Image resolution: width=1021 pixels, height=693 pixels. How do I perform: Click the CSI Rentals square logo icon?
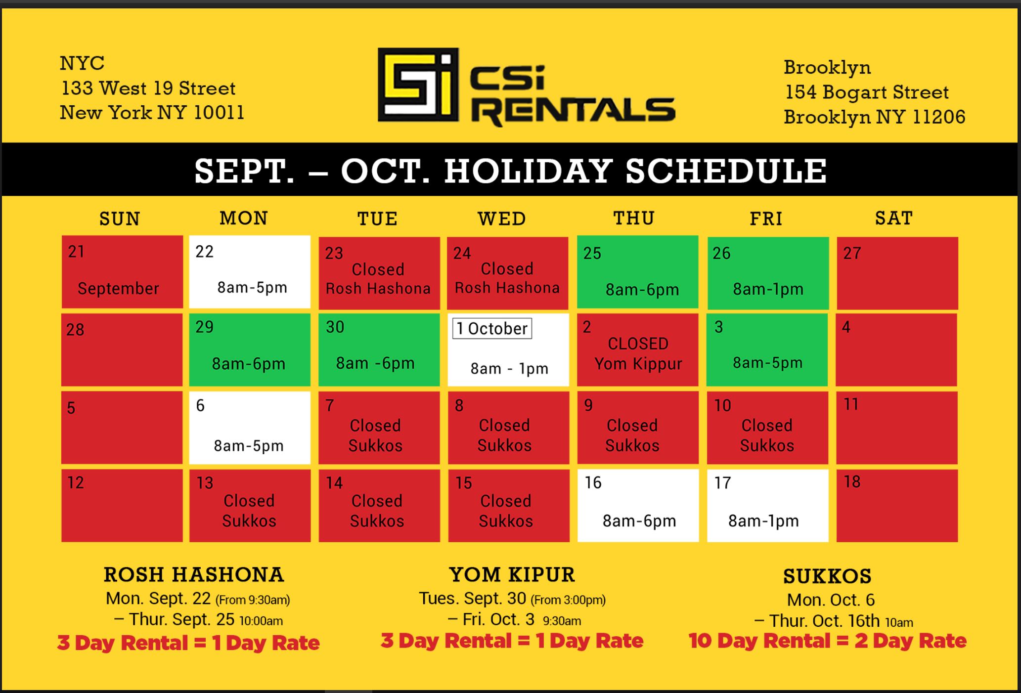click(x=418, y=85)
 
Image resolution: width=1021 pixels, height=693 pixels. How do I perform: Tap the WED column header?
click(x=502, y=218)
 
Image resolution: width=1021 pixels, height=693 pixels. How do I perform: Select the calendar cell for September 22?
click(x=250, y=272)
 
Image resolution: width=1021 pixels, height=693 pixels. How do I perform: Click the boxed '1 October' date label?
click(x=492, y=329)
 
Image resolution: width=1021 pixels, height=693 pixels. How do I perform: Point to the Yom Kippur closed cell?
click(x=638, y=349)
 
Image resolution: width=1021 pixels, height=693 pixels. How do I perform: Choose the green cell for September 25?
click(x=638, y=272)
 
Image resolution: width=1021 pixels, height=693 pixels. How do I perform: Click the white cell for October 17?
click(x=767, y=506)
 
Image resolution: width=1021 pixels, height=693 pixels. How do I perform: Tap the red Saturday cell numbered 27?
click(x=897, y=273)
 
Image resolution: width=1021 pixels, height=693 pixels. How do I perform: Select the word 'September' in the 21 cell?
click(x=118, y=288)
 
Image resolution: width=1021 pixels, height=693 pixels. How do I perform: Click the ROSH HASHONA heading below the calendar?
click(x=194, y=574)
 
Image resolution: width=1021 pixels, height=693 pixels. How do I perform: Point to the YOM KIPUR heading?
click(x=512, y=574)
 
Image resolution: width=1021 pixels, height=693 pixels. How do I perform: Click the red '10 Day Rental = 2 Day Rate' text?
click(x=827, y=641)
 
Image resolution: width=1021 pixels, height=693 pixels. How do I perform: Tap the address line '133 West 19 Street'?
click(x=148, y=88)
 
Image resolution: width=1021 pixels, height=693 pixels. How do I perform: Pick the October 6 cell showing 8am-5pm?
click(x=250, y=428)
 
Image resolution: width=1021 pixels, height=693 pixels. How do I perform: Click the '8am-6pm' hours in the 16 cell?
click(x=639, y=521)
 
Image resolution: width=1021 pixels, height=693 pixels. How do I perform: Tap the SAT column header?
click(x=894, y=218)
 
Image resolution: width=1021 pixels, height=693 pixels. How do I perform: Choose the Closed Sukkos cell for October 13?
click(x=250, y=506)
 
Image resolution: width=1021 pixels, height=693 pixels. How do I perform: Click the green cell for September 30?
click(x=379, y=349)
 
